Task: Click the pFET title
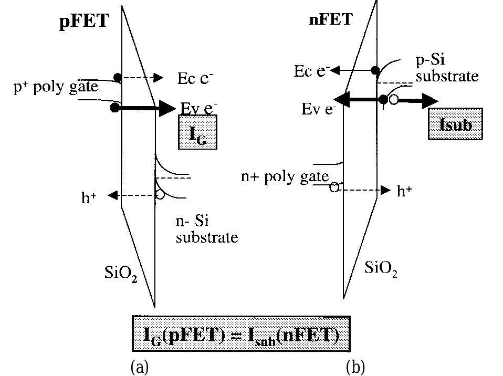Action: tap(83, 21)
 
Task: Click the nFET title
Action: tap(330, 19)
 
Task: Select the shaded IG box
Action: tap(197, 132)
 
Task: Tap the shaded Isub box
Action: tap(455, 124)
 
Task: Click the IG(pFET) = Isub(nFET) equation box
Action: tap(241, 333)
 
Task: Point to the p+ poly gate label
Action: tap(56, 87)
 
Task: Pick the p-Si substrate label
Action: tap(447, 68)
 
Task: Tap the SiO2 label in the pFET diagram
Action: tap(120, 273)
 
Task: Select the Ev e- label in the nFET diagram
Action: tap(319, 110)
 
